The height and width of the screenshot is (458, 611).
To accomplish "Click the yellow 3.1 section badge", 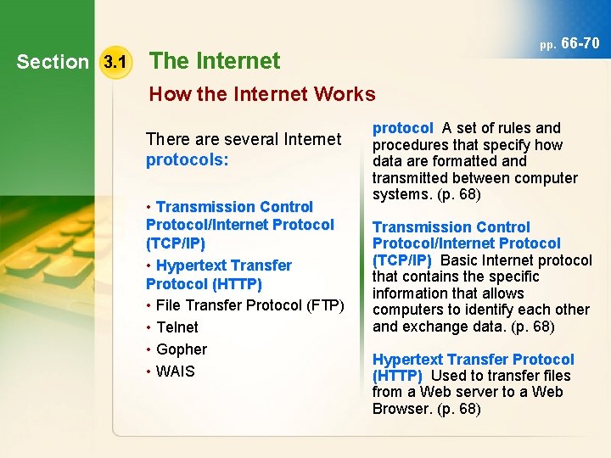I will (114, 62).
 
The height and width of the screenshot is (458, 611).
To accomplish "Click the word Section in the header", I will (53, 62).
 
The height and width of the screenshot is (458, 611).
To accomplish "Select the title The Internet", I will (215, 61).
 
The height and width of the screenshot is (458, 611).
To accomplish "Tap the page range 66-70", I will (580, 43).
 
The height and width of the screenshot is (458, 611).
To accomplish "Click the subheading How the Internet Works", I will (262, 94).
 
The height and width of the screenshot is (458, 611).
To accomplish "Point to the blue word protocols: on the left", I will (187, 159).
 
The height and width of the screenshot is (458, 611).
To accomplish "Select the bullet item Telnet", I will (177, 327).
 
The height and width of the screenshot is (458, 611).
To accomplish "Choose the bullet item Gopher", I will (182, 349).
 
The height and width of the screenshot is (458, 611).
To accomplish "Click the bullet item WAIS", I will (176, 371).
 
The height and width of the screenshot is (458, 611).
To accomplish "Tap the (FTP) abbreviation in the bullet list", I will (327, 305).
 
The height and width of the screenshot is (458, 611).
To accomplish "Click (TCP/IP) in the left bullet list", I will (176, 243).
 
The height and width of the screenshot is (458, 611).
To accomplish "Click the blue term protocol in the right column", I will (403, 128).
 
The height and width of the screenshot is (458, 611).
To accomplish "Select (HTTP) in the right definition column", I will (397, 376).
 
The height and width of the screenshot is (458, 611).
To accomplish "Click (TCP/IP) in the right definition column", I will (402, 260).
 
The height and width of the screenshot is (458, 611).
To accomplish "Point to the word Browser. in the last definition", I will (402, 409).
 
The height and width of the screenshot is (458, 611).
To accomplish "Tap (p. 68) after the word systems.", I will (457, 194).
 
